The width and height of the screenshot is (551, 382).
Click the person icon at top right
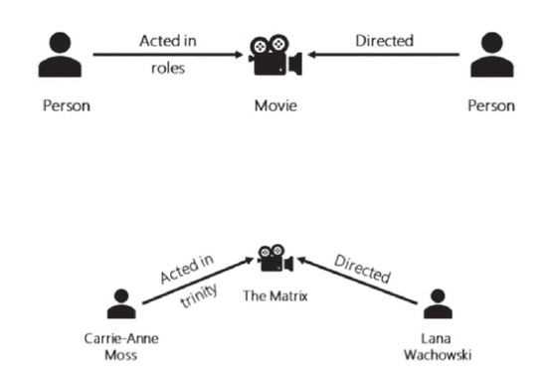(x=494, y=55)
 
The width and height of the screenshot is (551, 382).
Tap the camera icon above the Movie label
(x=275, y=56)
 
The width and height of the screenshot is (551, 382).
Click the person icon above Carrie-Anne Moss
(x=121, y=302)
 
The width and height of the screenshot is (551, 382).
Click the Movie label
(x=275, y=104)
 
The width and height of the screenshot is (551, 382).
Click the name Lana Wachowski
(x=437, y=345)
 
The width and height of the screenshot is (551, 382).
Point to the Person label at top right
(x=494, y=104)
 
